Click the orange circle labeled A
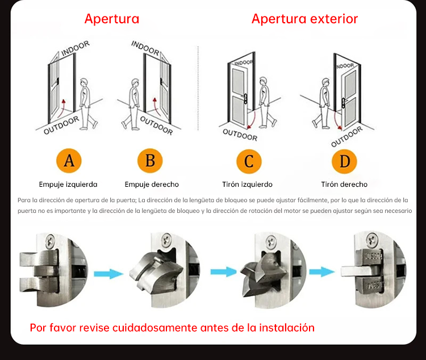click(69, 161)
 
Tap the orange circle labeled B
click(150, 161)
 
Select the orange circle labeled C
click(248, 161)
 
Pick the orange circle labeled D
click(344, 161)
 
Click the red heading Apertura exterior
click(304, 19)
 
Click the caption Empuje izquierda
click(68, 185)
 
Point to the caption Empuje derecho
click(152, 185)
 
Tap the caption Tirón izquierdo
click(247, 185)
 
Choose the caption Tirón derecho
click(344, 185)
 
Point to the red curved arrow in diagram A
click(64, 106)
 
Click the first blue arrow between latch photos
click(108, 274)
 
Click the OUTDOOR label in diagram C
click(240, 134)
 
